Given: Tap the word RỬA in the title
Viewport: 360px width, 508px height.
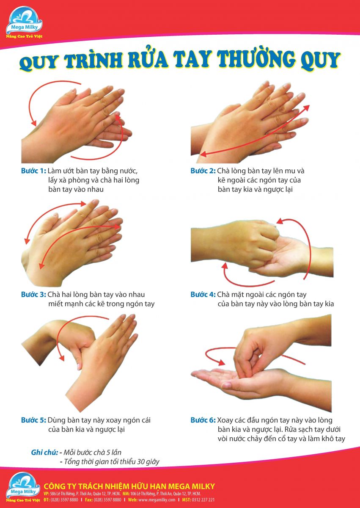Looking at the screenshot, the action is point(148,60).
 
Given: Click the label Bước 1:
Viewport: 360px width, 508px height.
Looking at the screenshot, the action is point(33,171).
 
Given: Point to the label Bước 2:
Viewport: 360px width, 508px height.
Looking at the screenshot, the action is point(203,171).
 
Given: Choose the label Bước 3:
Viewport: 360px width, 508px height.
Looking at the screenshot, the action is point(33,294).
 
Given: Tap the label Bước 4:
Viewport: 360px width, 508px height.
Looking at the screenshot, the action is point(203,294).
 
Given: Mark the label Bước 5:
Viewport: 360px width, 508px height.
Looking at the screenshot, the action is point(33,420).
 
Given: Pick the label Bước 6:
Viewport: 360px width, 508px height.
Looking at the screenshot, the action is point(203,420).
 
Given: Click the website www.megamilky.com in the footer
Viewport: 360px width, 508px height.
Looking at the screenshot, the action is point(157,500).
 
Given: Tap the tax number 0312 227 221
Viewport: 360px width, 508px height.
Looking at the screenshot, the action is point(203,500).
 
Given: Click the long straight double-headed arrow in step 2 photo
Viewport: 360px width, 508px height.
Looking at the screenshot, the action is point(255,131).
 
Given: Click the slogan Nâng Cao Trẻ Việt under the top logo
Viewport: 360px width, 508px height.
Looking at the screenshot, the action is point(24,36).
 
